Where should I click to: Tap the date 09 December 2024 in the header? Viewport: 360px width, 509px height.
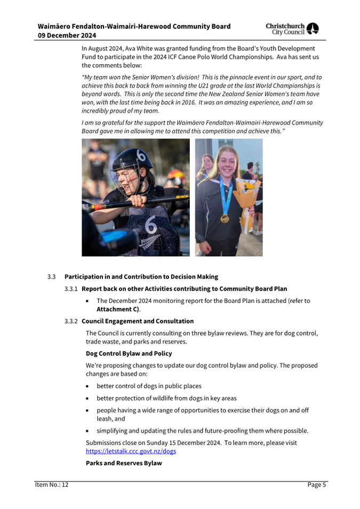(67, 35)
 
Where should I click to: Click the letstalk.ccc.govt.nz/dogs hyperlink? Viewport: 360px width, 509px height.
(131, 451)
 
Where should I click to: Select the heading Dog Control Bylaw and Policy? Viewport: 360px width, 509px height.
(129, 353)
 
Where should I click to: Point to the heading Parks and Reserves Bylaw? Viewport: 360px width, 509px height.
(124, 463)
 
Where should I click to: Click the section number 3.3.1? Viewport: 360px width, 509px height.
(71, 289)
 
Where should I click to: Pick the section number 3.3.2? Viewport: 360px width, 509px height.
(71, 321)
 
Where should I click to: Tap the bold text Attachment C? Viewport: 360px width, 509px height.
(117, 309)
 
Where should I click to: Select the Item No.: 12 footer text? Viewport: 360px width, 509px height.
(52, 485)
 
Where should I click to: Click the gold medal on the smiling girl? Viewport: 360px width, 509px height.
(225, 218)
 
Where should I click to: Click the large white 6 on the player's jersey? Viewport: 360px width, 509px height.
(151, 227)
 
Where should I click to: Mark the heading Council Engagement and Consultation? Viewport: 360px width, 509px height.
(138, 321)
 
